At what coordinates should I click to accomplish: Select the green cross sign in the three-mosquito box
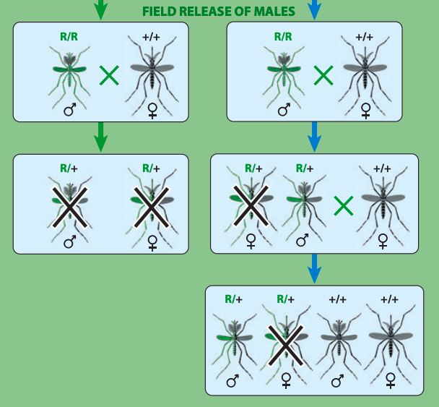coord(344,206)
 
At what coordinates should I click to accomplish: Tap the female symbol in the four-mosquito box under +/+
coord(390,380)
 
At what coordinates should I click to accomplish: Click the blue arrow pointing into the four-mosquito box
coord(314,270)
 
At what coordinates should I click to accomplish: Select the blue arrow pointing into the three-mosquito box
coord(314,137)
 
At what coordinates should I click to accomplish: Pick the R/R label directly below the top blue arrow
coord(283,36)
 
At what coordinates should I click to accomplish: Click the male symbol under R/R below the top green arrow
coord(70,110)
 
